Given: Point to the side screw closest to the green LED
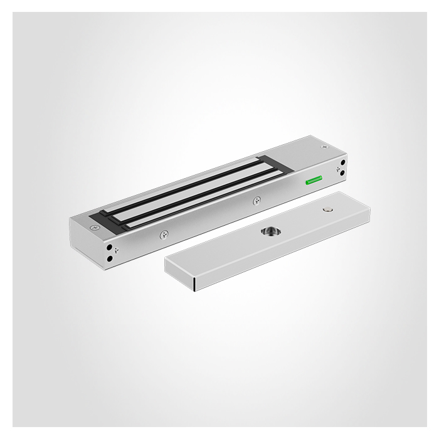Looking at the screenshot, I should coord(257,201).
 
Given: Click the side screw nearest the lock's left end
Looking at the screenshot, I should coord(164,235).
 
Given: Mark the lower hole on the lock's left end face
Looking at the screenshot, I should coord(111,258).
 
